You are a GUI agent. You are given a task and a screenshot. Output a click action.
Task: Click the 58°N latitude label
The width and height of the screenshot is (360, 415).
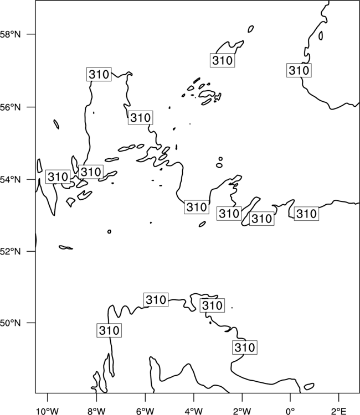[10, 34]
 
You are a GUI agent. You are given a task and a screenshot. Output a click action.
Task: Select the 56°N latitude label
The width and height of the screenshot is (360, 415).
[10, 107]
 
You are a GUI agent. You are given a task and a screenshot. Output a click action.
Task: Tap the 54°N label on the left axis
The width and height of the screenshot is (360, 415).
[10, 180]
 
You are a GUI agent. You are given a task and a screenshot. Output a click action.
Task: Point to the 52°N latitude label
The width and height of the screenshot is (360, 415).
[10, 251]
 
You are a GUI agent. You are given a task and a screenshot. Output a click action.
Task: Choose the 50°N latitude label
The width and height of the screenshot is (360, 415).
[10, 323]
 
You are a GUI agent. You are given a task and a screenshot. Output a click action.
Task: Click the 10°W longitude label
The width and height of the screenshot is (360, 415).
[48, 411]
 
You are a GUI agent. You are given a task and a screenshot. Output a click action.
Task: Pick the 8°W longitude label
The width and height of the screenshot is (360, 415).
[96, 411]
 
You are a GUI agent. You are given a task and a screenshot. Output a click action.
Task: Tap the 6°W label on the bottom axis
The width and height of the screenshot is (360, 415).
[145, 411]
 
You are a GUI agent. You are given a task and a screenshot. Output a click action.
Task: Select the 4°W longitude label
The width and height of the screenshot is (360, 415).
[194, 411]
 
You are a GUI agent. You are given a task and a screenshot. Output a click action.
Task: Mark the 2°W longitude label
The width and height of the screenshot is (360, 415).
[242, 411]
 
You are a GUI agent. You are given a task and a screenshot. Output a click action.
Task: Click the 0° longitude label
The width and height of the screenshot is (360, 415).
[291, 411]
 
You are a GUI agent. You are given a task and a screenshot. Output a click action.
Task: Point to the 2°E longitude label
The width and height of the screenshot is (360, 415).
[339, 411]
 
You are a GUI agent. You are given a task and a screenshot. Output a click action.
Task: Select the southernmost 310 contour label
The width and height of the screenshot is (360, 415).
[245, 347]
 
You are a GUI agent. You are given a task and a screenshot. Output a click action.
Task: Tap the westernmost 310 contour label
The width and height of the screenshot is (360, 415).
[58, 177]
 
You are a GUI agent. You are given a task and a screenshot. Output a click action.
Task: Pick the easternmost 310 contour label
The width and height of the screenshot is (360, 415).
[306, 214]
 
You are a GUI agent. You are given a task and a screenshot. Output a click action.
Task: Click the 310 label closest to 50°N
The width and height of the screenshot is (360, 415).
[109, 330]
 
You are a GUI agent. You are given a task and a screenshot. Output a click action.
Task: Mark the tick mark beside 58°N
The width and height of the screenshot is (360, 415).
[30, 34]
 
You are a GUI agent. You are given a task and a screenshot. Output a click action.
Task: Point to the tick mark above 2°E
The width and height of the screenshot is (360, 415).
[339, 397]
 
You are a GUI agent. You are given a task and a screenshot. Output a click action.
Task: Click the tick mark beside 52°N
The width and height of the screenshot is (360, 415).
[30, 251]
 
